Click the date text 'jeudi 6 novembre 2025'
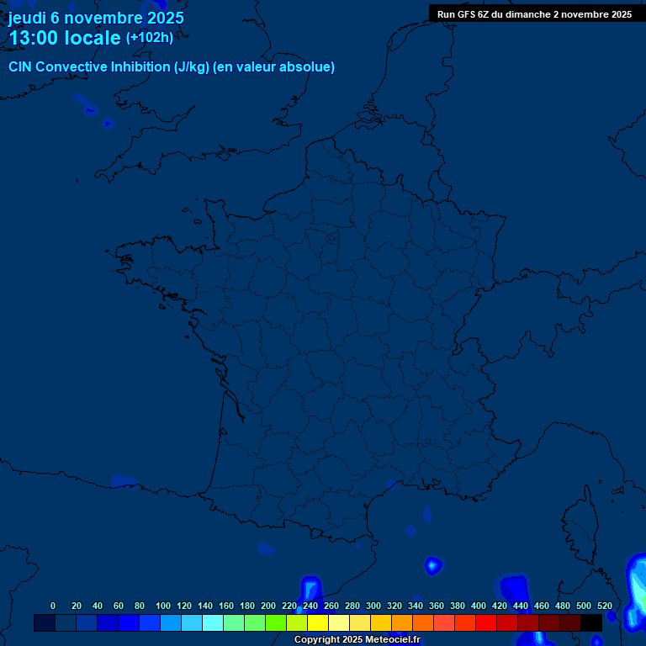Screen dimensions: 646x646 click(x=96, y=18)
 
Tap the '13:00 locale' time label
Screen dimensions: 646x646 click(x=65, y=38)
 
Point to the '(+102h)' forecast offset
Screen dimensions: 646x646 click(x=150, y=38)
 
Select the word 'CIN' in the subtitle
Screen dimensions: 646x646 click(x=20, y=67)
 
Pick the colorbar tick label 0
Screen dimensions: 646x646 click(x=53, y=606)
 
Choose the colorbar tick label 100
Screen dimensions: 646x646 click(x=163, y=606)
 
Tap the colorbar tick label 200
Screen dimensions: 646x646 click(x=268, y=606)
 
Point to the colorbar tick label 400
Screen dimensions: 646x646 click(x=479, y=606)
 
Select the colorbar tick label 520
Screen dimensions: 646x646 click(x=604, y=606)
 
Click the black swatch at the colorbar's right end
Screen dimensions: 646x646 click(x=591, y=622)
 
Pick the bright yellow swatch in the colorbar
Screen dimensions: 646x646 click(x=318, y=622)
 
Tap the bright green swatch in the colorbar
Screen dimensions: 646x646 click(x=276, y=622)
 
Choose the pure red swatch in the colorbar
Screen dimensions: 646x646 click(x=486, y=622)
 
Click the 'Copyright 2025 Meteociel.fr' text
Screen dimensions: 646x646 click(x=357, y=640)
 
